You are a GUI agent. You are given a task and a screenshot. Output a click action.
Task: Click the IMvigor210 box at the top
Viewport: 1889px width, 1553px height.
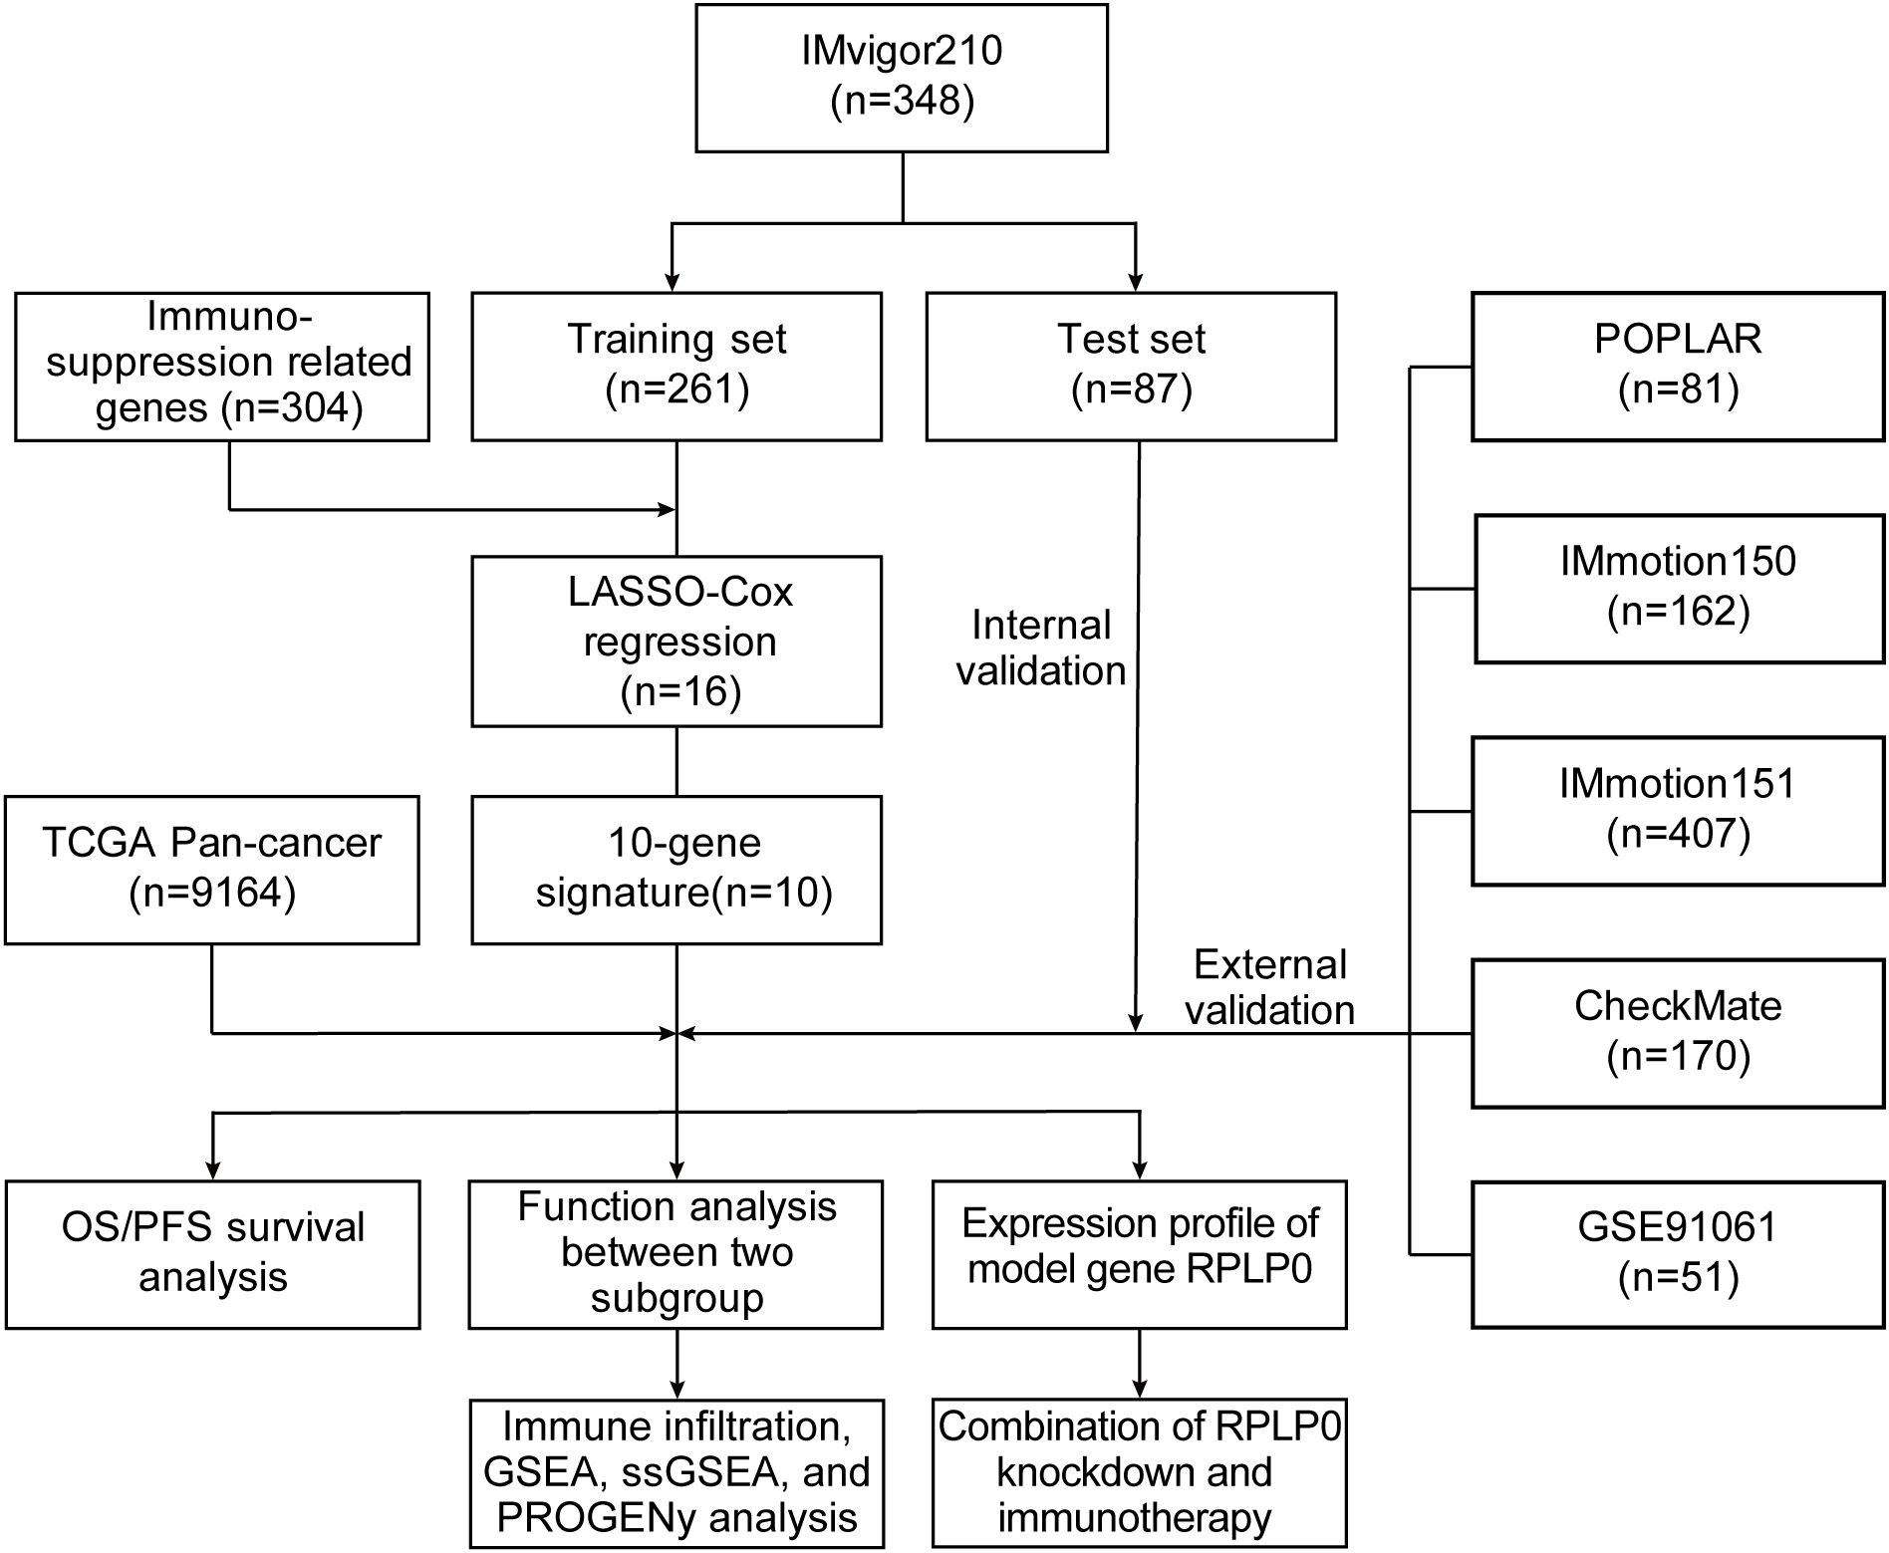click(902, 78)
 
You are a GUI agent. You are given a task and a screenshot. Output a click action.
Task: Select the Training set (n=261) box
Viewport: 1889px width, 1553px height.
click(676, 366)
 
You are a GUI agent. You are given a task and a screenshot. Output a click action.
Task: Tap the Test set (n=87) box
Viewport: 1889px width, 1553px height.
click(1131, 366)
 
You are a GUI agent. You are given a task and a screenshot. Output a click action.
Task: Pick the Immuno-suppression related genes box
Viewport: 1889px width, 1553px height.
click(222, 366)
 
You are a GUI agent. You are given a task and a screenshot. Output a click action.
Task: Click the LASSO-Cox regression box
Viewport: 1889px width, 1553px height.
click(676, 641)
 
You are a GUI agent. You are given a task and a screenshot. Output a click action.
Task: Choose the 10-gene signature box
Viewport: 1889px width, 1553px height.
click(676, 869)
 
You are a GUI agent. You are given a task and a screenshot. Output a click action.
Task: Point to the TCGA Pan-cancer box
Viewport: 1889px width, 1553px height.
click(212, 869)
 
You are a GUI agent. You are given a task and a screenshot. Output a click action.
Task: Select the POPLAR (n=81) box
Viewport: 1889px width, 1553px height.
click(1679, 366)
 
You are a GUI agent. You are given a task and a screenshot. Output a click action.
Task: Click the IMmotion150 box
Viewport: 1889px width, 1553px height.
click(1680, 588)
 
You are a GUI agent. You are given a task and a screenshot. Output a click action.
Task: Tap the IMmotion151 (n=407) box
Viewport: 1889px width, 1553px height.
click(1679, 810)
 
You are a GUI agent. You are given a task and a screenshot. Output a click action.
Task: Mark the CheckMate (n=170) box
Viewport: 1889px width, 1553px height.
click(1679, 1032)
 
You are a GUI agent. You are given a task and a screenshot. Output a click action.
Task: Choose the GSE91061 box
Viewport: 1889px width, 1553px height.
click(1679, 1254)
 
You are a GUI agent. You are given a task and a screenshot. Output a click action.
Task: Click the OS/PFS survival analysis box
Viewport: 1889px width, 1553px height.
click(212, 1254)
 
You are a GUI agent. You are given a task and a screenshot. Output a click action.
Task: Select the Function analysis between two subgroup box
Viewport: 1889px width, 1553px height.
click(676, 1254)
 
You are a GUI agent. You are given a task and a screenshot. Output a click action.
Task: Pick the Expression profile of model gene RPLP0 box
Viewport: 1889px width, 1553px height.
click(1140, 1254)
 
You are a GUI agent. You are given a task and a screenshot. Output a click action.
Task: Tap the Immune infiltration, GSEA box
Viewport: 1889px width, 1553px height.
click(676, 1473)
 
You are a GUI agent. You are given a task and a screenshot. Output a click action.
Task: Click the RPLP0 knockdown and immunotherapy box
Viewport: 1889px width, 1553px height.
click(1140, 1473)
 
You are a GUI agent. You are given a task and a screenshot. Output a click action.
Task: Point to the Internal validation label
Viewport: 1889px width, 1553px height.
click(1041, 647)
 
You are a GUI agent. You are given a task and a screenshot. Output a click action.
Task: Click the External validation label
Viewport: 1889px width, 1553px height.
click(1269, 987)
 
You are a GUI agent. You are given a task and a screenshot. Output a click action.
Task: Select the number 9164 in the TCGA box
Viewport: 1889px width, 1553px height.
click(227, 893)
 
